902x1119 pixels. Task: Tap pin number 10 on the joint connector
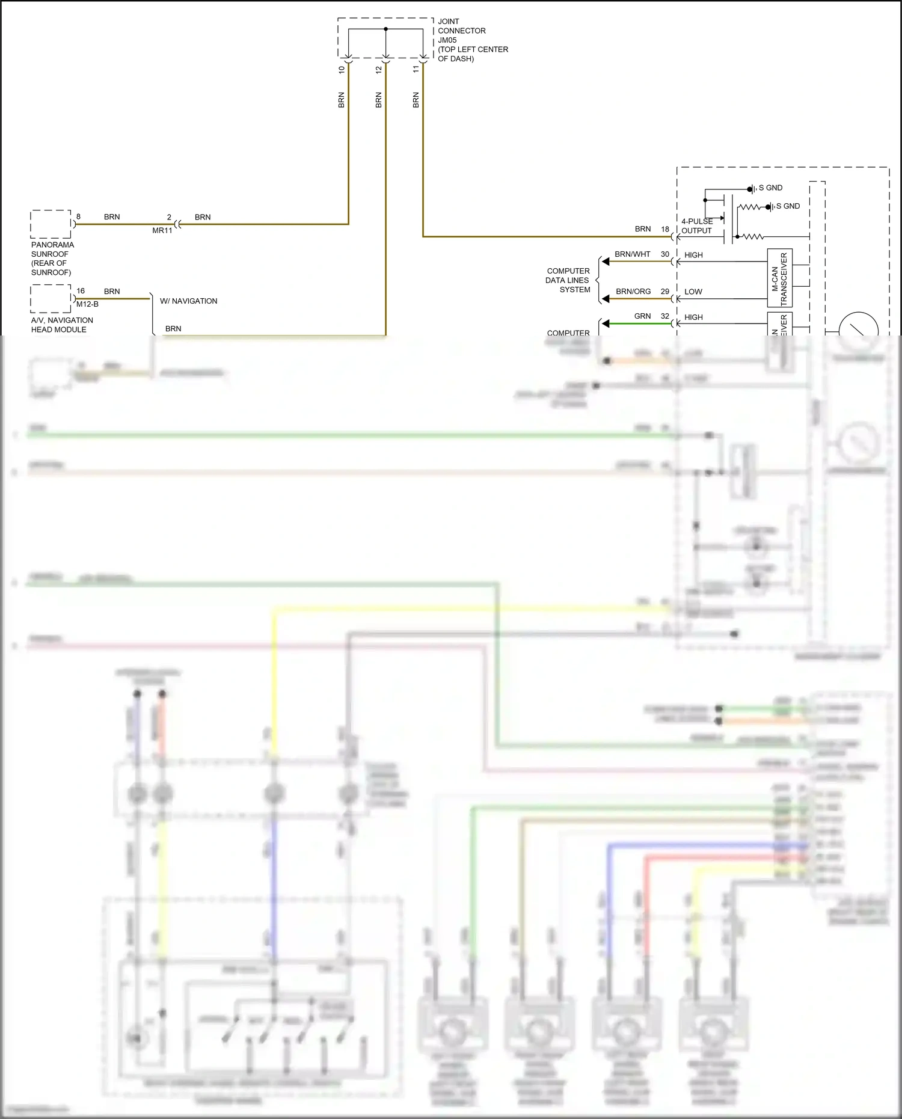(x=342, y=69)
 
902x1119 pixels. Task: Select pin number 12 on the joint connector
(x=379, y=69)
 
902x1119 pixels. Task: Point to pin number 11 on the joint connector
(x=416, y=69)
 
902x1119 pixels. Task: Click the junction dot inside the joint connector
(x=385, y=29)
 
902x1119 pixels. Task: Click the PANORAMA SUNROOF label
(x=52, y=259)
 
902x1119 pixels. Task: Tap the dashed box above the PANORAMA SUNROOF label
(x=51, y=224)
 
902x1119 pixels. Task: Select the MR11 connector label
(x=162, y=230)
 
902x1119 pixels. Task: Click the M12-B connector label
(x=87, y=304)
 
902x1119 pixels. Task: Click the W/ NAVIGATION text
(x=188, y=301)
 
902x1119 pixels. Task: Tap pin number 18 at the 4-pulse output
(x=665, y=229)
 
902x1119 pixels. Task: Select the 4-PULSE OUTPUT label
(x=696, y=226)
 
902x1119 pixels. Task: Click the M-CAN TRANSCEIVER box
(x=779, y=278)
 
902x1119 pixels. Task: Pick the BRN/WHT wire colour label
(x=632, y=254)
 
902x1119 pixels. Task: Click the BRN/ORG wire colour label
(x=633, y=292)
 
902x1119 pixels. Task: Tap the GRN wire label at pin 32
(x=642, y=316)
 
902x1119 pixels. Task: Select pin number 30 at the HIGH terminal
(x=665, y=254)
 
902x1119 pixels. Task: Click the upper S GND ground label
(x=770, y=188)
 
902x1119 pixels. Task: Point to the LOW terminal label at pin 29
(x=693, y=292)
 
